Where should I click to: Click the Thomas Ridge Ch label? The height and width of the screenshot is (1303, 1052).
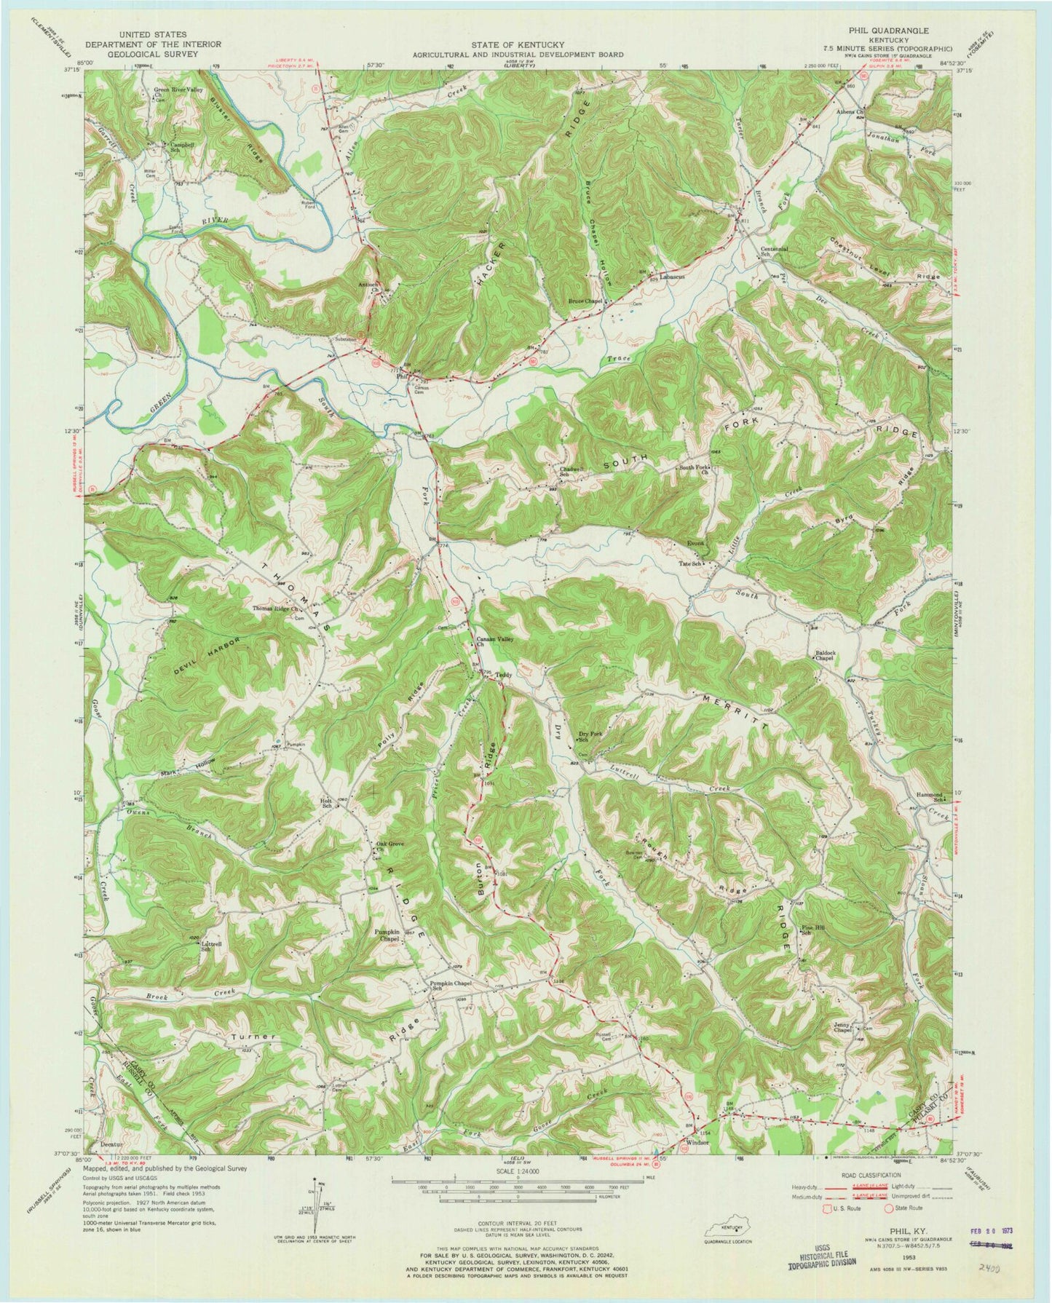pyautogui.click(x=277, y=611)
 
